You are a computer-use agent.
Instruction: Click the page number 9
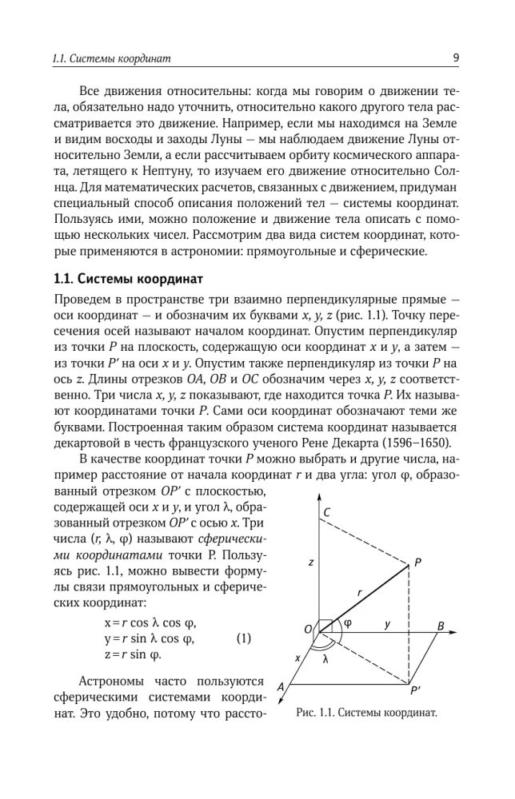point(456,58)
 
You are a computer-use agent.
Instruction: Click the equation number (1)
point(245,638)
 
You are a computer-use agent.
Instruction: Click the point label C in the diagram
point(328,513)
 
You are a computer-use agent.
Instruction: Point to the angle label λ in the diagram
point(325,660)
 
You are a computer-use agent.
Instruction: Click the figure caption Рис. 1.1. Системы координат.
point(365,712)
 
